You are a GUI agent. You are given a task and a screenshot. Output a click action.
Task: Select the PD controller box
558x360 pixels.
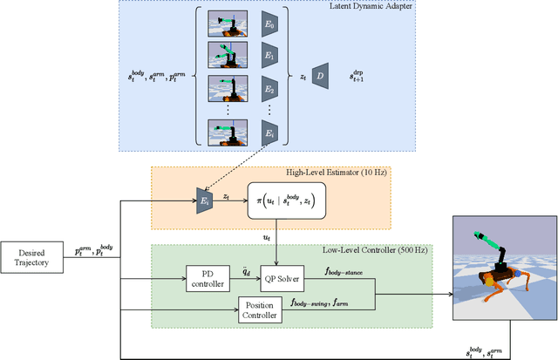click(x=208, y=279)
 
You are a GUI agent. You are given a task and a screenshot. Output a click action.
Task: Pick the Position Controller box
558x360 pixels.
click(x=261, y=309)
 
